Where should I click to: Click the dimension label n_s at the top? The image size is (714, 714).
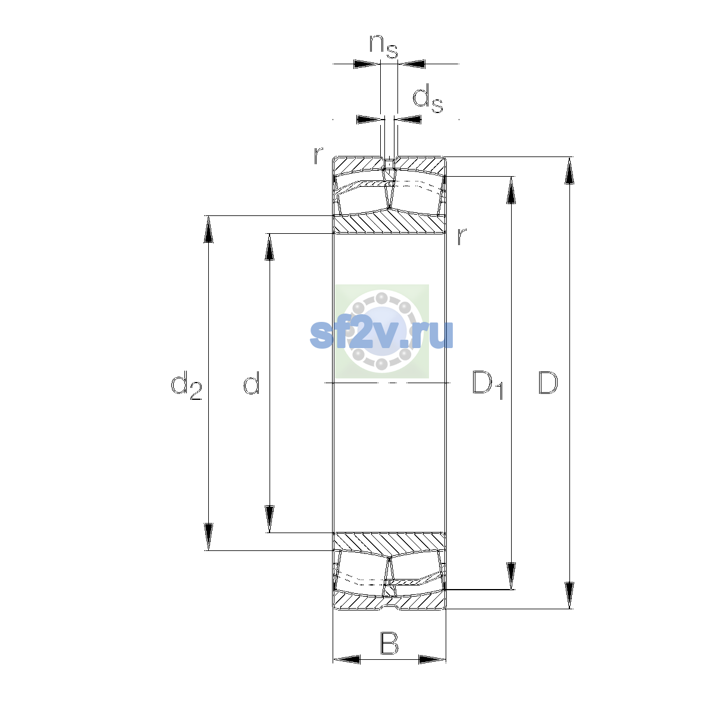(x=384, y=46)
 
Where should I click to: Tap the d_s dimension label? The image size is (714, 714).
(x=428, y=99)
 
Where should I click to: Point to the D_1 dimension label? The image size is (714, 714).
(x=488, y=385)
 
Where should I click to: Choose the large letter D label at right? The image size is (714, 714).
(x=548, y=383)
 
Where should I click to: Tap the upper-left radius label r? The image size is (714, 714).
(x=318, y=156)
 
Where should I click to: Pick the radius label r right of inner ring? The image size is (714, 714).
(x=461, y=236)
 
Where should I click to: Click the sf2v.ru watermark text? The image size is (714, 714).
(x=381, y=334)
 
